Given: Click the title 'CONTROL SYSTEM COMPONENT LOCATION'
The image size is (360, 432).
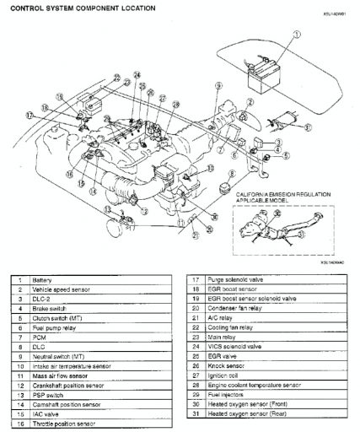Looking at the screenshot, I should point(83,8).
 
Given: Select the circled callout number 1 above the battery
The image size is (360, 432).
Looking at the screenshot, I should point(296,35).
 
